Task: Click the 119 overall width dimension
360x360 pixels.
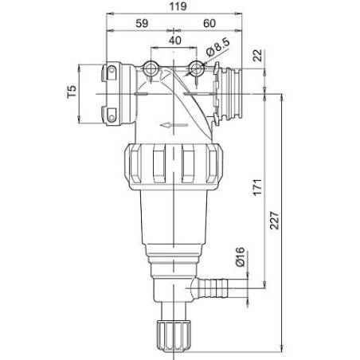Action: tap(178, 6)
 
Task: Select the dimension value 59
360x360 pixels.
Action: tap(142, 23)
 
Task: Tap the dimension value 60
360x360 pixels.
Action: tap(209, 23)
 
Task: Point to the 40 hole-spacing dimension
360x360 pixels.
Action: tap(175, 41)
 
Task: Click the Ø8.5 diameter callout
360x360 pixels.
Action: tap(217, 47)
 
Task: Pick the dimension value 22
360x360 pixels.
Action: tap(257, 56)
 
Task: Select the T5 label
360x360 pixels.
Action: tap(72, 92)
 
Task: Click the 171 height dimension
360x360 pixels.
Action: tap(257, 188)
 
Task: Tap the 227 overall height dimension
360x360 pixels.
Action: tap(275, 221)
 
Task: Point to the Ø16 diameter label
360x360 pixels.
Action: tap(240, 256)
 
